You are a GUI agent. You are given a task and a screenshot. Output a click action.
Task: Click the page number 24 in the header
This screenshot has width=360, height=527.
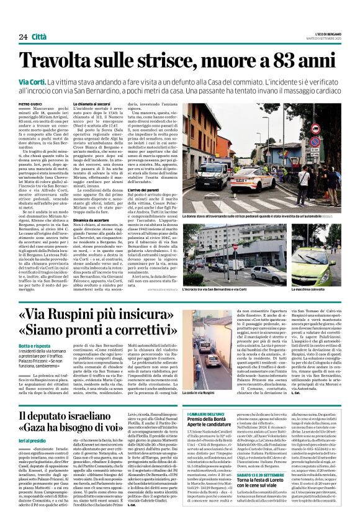[x=23, y=20]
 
